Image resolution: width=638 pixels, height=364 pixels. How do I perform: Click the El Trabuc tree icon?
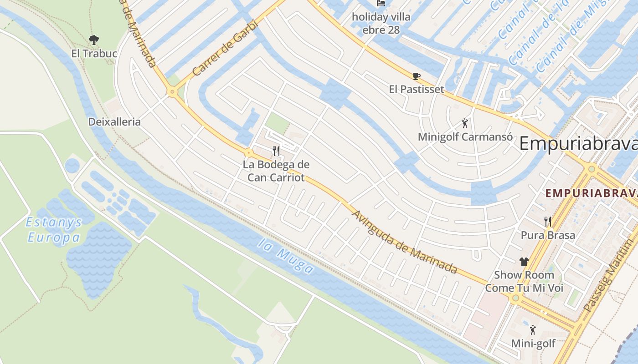point(94,40)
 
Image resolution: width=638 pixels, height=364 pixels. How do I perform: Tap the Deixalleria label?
point(114,122)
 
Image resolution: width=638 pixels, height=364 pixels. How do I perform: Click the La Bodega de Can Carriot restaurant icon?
point(276,151)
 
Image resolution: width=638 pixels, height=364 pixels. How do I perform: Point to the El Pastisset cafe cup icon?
point(416,76)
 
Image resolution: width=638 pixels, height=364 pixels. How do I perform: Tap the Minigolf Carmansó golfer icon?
point(464,123)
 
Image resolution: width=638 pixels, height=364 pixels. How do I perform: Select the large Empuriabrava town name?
point(578,144)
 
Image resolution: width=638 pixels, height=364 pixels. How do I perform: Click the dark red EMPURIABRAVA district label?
point(591,193)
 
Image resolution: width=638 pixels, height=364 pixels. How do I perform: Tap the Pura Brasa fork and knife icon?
point(548,222)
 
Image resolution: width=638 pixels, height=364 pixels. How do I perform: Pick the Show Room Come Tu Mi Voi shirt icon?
point(524,261)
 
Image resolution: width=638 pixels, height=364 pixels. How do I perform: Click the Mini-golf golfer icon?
point(533,330)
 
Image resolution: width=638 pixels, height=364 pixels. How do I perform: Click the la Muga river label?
point(285,256)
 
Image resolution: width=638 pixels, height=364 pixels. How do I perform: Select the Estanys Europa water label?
point(54,230)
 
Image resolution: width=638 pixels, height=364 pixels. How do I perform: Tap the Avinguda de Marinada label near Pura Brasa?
point(405,242)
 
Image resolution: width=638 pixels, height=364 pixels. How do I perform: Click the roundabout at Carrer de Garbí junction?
point(172,92)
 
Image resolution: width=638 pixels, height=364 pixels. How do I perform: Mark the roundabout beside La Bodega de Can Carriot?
point(249,152)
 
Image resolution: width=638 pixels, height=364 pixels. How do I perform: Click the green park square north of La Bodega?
point(278,122)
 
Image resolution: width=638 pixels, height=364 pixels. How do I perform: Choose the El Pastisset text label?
point(416,89)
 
